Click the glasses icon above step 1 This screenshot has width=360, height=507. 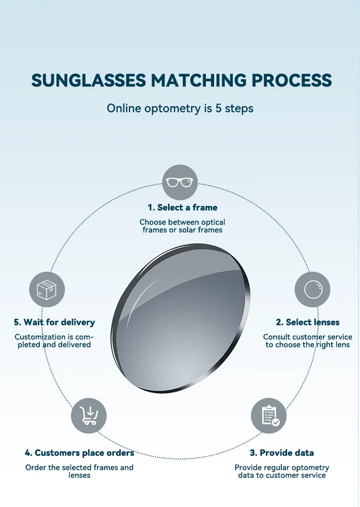coord(180,182)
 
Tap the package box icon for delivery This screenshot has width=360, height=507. coord(47,290)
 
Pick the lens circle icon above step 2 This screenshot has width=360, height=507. coord(312,290)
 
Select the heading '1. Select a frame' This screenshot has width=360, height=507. coord(182,207)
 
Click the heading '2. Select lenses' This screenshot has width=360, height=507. coord(308,322)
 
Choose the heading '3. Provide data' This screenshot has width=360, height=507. coord(282,453)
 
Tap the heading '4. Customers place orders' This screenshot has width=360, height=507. coord(79,453)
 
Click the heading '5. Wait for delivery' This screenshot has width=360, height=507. coord(54,322)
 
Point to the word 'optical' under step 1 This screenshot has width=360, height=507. coord(211,222)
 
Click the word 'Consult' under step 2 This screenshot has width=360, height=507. coord(276,337)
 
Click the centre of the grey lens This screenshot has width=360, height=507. coord(181,318)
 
